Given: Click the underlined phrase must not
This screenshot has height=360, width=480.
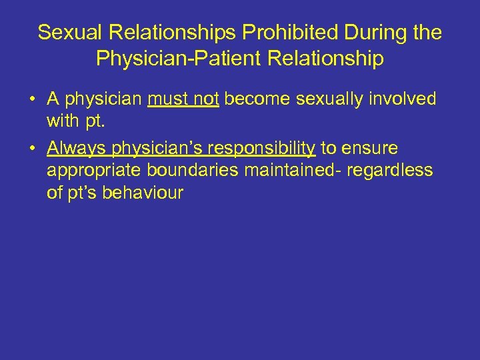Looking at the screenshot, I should click(183, 100).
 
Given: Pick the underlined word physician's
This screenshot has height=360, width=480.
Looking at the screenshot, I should click(148, 148).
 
